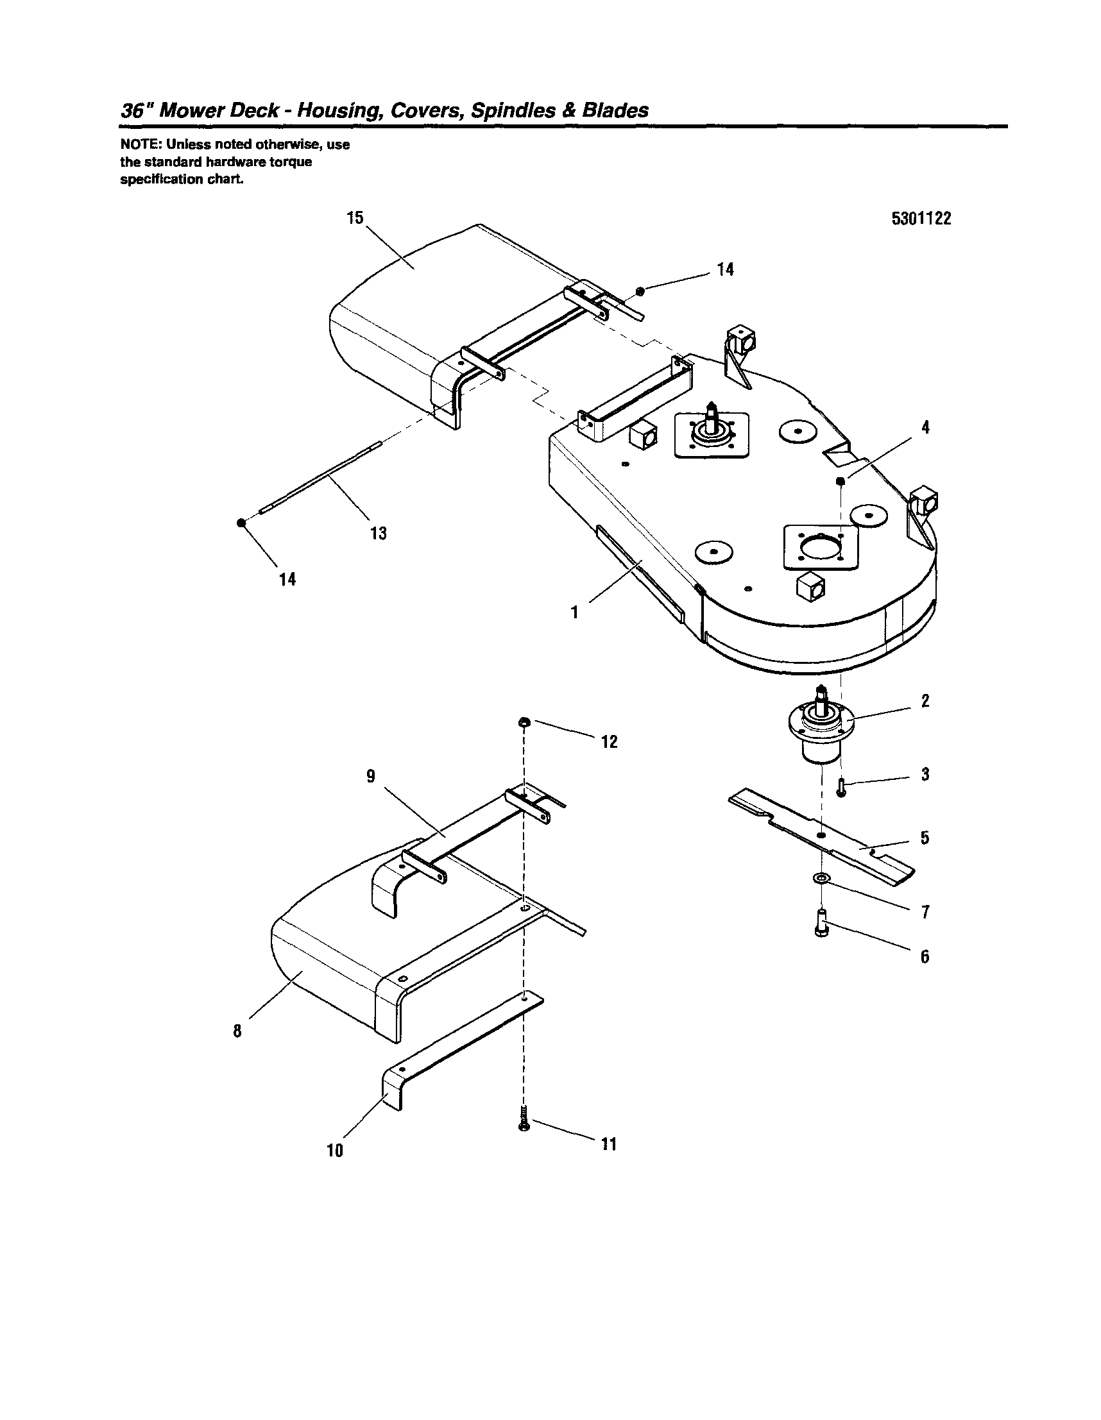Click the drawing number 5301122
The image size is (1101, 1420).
[x=921, y=219]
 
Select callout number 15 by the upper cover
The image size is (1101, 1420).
[x=355, y=218]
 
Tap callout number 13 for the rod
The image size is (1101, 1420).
[x=378, y=533]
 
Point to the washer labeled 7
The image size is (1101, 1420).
[x=822, y=879]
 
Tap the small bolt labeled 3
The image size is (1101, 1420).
[x=841, y=790]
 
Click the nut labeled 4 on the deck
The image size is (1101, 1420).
[x=841, y=480]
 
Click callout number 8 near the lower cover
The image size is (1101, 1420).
[x=237, y=1031]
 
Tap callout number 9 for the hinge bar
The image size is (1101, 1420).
[x=371, y=776]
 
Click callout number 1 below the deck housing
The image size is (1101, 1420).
[x=574, y=612]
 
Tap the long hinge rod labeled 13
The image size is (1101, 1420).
[x=319, y=478]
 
